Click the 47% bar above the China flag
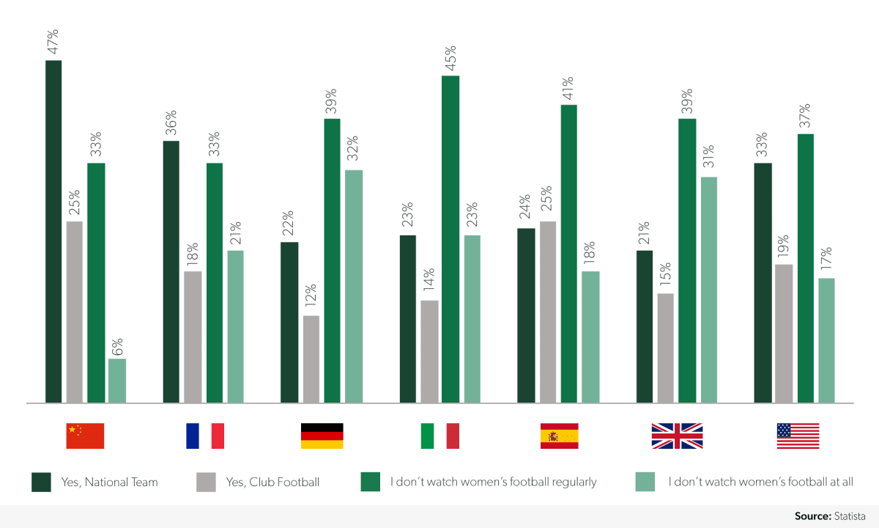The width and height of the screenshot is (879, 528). [53, 231]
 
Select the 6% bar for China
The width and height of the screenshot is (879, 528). [117, 381]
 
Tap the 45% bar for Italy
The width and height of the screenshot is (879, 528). [450, 239]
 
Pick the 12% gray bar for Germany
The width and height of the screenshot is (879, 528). [311, 359]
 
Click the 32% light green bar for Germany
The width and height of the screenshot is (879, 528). [354, 286]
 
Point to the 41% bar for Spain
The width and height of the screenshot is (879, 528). [569, 254]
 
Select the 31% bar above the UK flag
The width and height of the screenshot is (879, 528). [708, 290]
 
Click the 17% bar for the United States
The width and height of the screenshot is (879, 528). [826, 340]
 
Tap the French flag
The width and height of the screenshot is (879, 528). [205, 436]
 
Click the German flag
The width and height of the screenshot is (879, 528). [322, 436]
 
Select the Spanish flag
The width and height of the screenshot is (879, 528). [560, 436]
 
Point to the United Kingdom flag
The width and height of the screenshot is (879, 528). [677, 436]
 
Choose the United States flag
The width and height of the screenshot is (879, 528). [798, 436]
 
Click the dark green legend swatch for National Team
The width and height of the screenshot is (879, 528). [41, 482]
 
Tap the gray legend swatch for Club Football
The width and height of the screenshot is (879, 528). [206, 482]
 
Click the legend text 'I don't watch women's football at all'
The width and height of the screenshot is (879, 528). [761, 482]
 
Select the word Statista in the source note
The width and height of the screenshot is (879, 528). [852, 516]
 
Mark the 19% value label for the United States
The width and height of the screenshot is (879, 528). [784, 247]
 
